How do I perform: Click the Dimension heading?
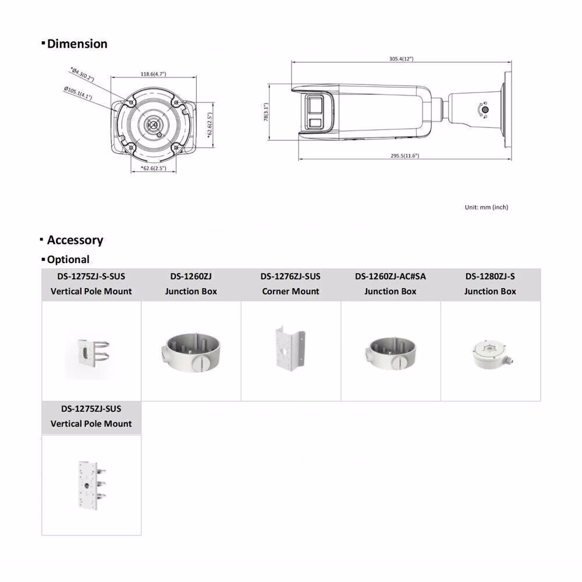77,44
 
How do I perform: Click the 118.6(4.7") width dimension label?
153,74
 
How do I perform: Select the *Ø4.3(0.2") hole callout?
82,74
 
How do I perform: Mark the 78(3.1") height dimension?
266,111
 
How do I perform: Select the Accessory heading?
74,240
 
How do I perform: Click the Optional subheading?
68,260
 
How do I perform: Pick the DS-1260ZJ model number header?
191,276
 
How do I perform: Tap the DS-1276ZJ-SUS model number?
290,276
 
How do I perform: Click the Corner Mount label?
290,291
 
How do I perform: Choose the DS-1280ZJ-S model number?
490,276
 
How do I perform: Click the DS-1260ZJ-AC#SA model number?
391,276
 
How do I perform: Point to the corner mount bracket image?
290,350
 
